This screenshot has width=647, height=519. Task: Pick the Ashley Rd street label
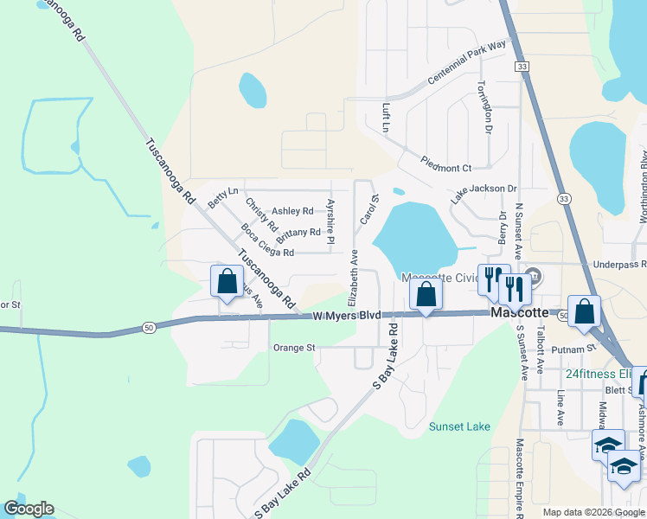coord(292,211)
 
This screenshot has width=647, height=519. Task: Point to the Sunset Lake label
coord(460,426)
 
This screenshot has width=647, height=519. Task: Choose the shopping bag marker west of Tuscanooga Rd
coord(227,281)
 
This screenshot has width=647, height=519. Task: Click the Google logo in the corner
coord(29,509)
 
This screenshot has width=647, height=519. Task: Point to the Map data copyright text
coord(593,512)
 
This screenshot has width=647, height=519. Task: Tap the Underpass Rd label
coord(618,264)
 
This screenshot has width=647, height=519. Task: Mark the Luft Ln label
coord(387,118)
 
